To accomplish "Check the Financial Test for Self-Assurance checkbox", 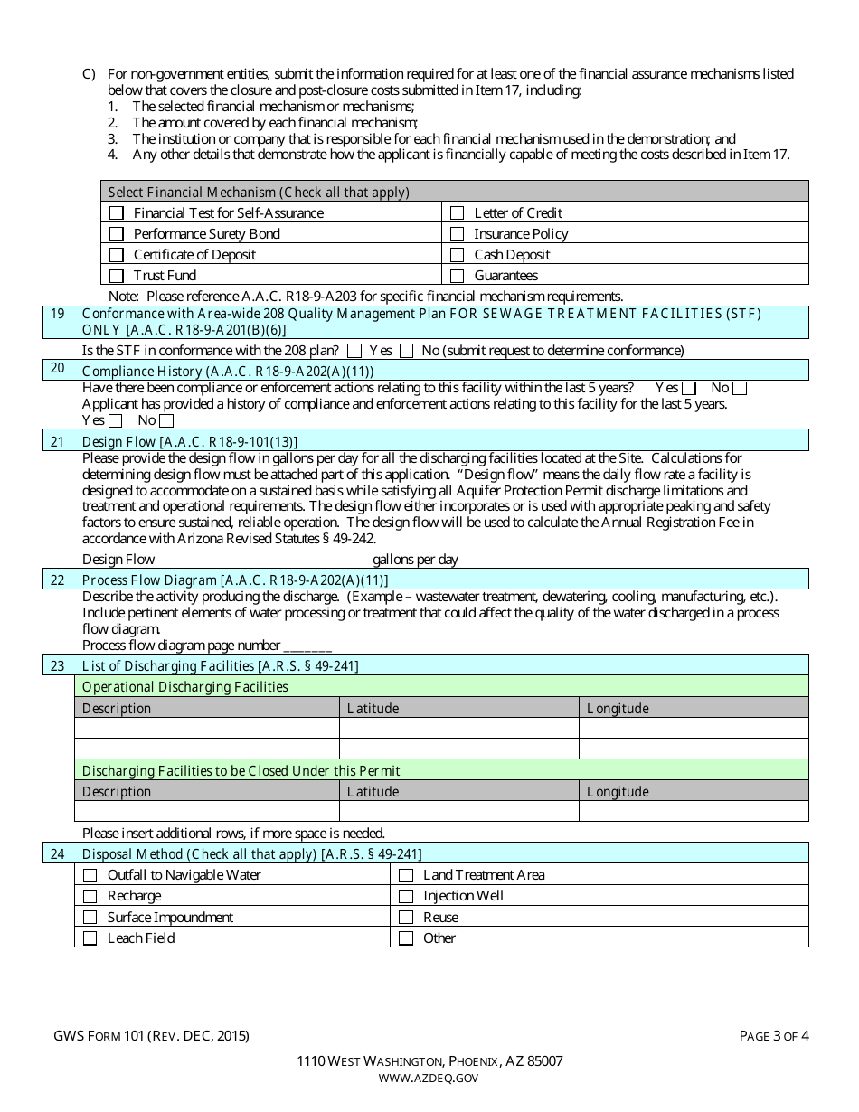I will click(x=116, y=213).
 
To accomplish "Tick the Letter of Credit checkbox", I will click(x=457, y=213).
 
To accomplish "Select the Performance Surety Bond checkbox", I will click(x=116, y=234).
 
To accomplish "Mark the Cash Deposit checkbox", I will click(x=457, y=255).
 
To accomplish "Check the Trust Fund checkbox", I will click(x=116, y=276).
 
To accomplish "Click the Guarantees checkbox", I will click(x=457, y=276).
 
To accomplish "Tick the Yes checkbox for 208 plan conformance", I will click(x=354, y=351).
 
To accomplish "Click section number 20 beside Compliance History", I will click(x=58, y=369).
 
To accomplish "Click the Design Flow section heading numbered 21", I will click(x=189, y=441).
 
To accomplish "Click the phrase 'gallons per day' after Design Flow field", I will click(x=415, y=560).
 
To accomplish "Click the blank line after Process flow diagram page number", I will click(x=307, y=646).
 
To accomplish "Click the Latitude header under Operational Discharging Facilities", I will click(x=373, y=709).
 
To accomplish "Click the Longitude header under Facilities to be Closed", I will click(x=618, y=792).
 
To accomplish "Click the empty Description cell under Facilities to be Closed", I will click(x=206, y=811).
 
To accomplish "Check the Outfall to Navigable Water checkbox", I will click(x=90, y=875).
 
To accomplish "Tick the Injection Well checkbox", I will click(x=406, y=896).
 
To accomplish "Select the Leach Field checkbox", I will click(x=90, y=938).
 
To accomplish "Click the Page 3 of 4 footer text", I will click(x=774, y=1036).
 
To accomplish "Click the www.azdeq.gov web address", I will click(x=429, y=1078).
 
